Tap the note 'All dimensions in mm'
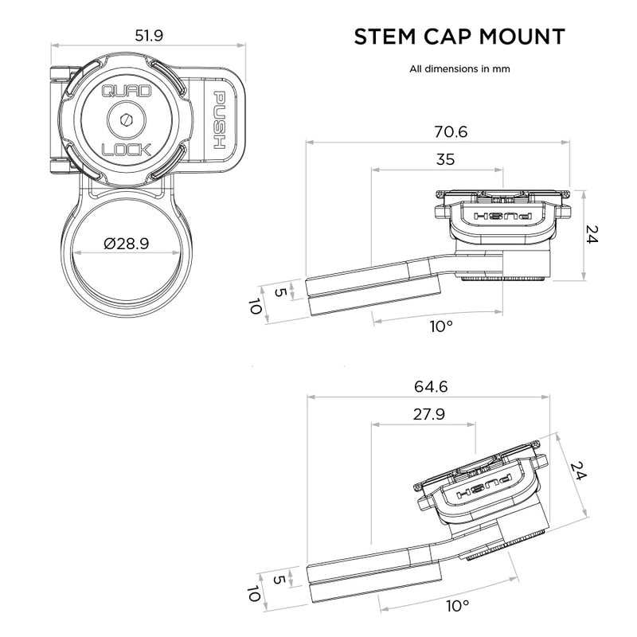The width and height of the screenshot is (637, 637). pyautogui.click(x=459, y=68)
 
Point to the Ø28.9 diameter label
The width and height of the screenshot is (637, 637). pyautogui.click(x=126, y=244)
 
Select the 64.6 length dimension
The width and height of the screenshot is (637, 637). pyautogui.click(x=432, y=387)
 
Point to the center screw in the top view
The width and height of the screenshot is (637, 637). pyautogui.click(x=126, y=119)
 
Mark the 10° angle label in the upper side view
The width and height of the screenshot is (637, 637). pyautogui.click(x=440, y=326)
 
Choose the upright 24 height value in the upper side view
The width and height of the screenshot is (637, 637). pyautogui.click(x=591, y=233)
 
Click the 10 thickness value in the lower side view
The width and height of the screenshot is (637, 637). pyautogui.click(x=254, y=594)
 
